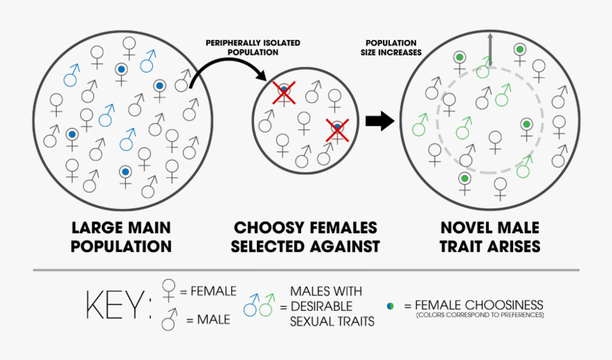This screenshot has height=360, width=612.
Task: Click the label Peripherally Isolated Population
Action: tap(253, 48)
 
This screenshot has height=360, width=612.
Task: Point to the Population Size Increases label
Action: tap(391, 48)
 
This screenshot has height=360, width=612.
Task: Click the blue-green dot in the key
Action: tap(390, 305)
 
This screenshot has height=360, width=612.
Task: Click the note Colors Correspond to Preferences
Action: tap(480, 314)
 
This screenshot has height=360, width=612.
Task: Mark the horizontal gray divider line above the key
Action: tap(306, 270)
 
